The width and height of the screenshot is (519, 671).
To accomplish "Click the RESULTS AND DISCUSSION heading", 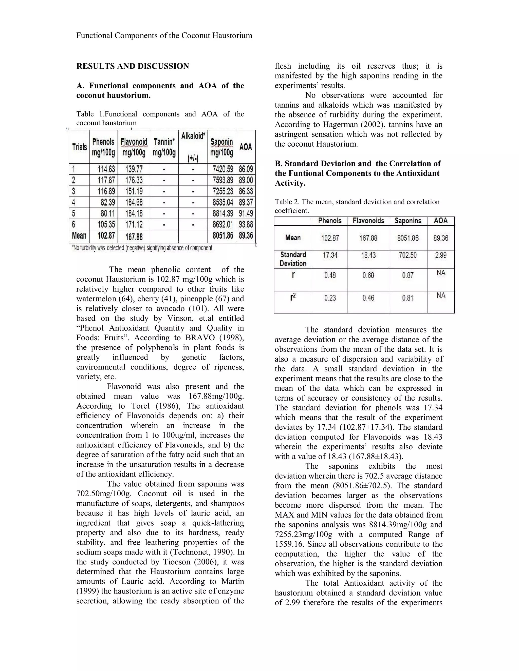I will [133, 66].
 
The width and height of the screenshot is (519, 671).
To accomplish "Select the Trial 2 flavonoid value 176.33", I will [134, 180].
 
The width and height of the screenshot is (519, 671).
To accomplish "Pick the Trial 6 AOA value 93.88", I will [246, 224].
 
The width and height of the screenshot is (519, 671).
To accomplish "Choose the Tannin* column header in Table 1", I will [164, 147].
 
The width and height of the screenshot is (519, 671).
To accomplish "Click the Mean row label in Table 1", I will [79, 236].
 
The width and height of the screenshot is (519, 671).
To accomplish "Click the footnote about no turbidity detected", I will [142, 248].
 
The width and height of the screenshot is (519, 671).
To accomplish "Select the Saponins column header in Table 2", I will [407, 221].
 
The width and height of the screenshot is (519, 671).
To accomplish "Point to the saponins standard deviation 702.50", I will [407, 255].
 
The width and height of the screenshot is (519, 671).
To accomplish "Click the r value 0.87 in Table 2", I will [408, 275].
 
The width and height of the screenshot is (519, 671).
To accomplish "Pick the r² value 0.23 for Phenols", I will [330, 298].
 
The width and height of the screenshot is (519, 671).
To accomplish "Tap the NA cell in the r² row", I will [441, 295].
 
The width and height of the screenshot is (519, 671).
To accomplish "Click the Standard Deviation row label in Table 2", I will [293, 259].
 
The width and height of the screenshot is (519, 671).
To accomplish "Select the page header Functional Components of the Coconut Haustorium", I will [164, 35].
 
